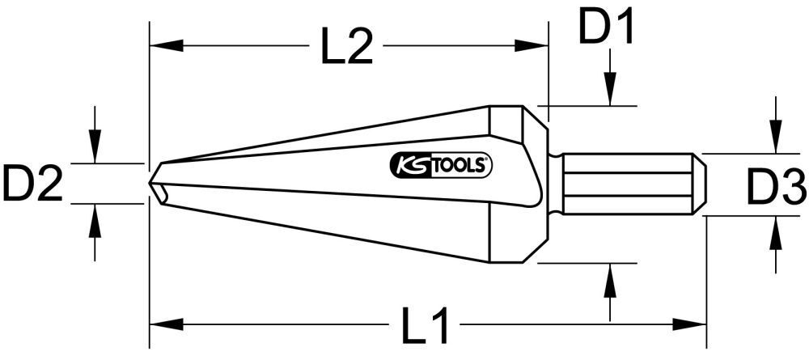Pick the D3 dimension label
click(x=775, y=191)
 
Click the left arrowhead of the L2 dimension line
click(x=159, y=48)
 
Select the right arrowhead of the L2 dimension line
click(x=540, y=48)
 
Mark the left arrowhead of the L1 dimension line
click(x=159, y=324)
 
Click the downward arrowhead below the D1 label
click(x=612, y=95)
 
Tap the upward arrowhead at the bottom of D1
click(x=612, y=273)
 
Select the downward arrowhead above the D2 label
click(x=95, y=153)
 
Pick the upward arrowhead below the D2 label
click(x=95, y=214)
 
